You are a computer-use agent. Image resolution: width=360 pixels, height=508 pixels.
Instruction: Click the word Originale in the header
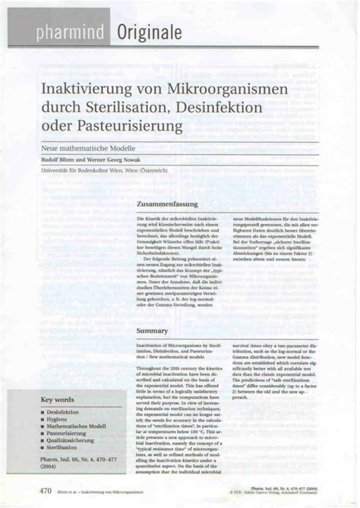coord(149,32)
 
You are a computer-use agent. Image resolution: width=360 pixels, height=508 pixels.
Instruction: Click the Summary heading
coord(152,331)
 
